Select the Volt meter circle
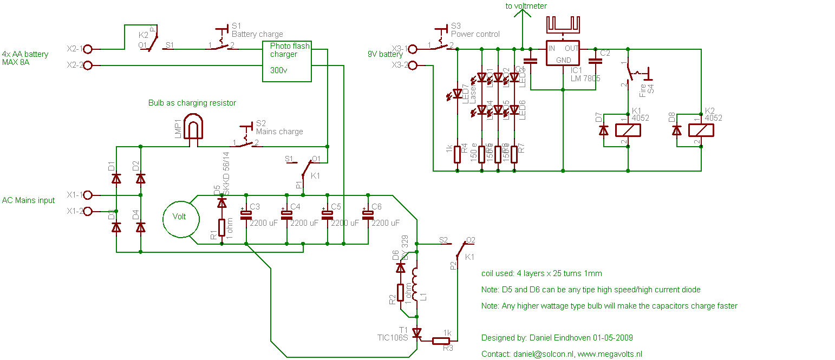click(x=179, y=217)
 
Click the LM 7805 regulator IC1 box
click(x=563, y=54)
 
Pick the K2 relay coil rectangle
click(x=701, y=130)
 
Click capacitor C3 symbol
click(x=246, y=214)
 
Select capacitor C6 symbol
click(x=368, y=214)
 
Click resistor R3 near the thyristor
click(x=441, y=341)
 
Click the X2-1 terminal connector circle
click(x=88, y=49)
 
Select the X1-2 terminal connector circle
click(x=88, y=211)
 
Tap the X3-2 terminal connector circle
click(x=413, y=66)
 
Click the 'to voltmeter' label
click(x=526, y=6)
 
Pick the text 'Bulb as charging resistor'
click(x=192, y=102)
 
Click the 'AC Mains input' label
click(x=29, y=200)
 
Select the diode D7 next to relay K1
click(x=603, y=130)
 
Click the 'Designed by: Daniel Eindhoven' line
click(x=557, y=338)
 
